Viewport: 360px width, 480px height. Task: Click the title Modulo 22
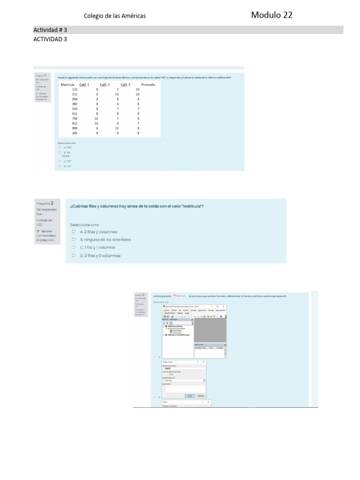271,15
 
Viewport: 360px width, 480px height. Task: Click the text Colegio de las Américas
114,16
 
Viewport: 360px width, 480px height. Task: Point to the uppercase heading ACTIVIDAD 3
50,39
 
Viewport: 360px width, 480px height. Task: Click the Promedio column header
148,84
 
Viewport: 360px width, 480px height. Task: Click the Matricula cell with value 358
75,99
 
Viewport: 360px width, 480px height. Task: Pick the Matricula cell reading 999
75,128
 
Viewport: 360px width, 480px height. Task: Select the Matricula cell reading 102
75,133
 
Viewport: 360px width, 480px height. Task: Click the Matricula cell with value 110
75,89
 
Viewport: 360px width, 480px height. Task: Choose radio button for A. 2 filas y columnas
74,232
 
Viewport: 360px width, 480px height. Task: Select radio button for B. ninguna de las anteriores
74,240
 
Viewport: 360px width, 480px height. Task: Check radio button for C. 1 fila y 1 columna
74,247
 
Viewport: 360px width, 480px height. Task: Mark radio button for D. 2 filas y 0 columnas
74,255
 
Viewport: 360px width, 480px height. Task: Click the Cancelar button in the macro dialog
201,396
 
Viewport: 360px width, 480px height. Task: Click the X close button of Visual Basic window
224,306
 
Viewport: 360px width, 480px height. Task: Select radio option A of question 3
155,357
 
